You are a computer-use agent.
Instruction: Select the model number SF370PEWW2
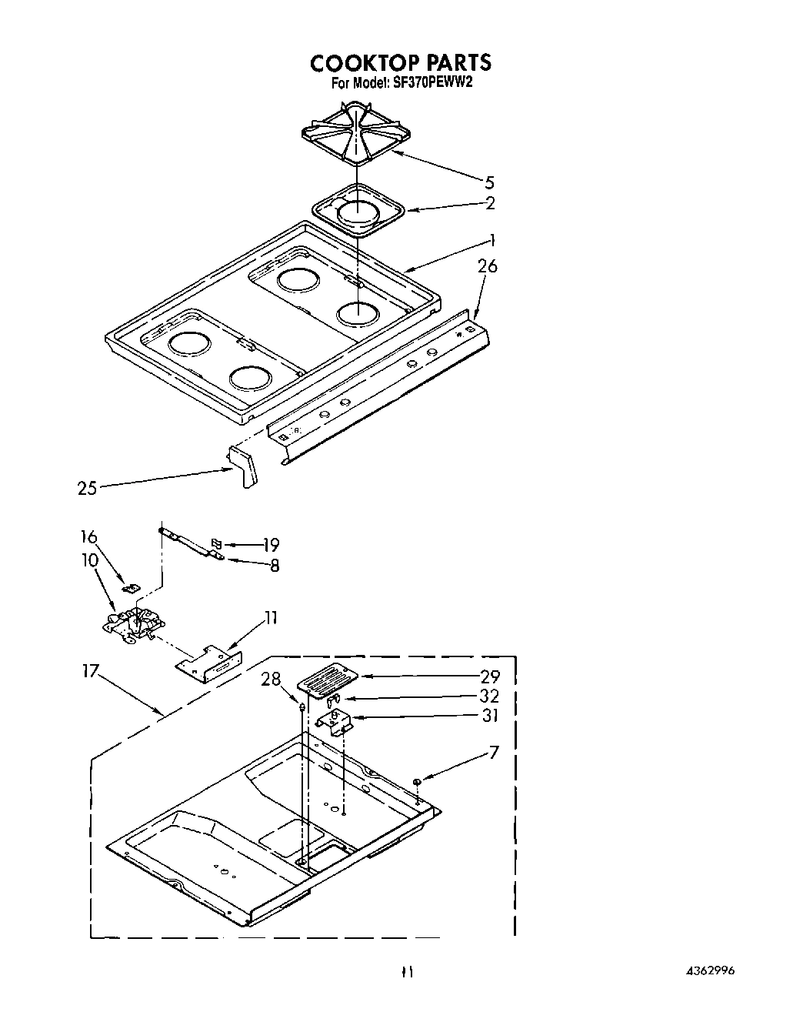pyautogui.click(x=432, y=83)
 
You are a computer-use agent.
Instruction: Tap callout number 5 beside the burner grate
pyautogui.click(x=489, y=182)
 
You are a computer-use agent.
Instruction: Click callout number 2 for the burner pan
pyautogui.click(x=490, y=203)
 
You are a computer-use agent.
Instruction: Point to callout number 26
pyautogui.click(x=488, y=266)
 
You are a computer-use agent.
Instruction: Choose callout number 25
pyautogui.click(x=87, y=488)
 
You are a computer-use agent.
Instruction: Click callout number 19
pyautogui.click(x=269, y=545)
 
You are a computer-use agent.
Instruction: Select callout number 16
pyautogui.click(x=88, y=536)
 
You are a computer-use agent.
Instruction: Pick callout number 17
pyautogui.click(x=90, y=671)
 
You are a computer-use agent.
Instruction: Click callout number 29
pyautogui.click(x=489, y=676)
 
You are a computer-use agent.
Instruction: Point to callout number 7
pyautogui.click(x=493, y=751)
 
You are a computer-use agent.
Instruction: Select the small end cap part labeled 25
pyautogui.click(x=244, y=469)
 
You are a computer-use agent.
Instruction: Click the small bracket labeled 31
pyautogui.click(x=335, y=721)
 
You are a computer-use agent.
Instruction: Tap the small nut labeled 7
pyautogui.click(x=416, y=782)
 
